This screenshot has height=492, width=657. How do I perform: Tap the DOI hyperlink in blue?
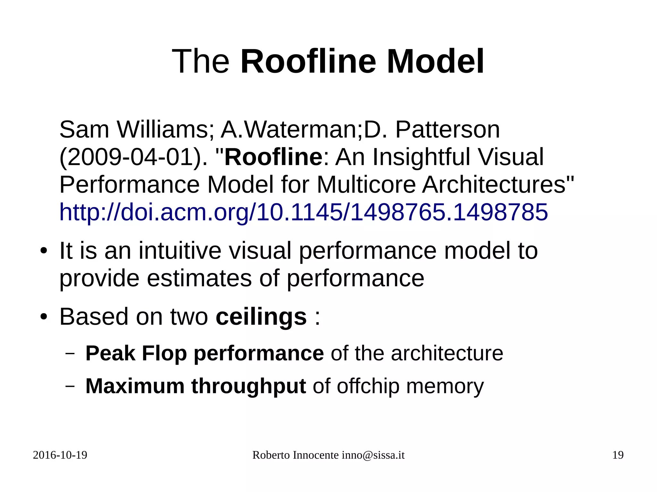[x=303, y=212]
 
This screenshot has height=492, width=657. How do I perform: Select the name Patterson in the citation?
[x=447, y=130]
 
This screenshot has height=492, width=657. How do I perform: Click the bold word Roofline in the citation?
[x=273, y=157]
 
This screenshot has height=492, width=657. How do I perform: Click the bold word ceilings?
[x=261, y=317]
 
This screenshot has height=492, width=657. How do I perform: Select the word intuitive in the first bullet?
[x=180, y=251]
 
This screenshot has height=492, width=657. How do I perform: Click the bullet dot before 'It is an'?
[x=44, y=251]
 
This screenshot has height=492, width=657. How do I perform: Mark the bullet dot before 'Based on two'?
[x=44, y=317]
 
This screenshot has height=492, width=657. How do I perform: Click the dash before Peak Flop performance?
[x=70, y=354]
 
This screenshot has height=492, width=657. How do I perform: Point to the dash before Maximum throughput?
[x=70, y=386]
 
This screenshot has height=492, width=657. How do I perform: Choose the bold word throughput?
[x=248, y=386]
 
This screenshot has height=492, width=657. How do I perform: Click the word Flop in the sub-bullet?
[x=164, y=354]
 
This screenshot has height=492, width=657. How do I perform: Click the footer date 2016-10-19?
[x=60, y=455]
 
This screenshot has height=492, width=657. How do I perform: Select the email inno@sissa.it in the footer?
[x=373, y=455]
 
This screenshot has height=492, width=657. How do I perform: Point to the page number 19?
[x=618, y=455]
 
